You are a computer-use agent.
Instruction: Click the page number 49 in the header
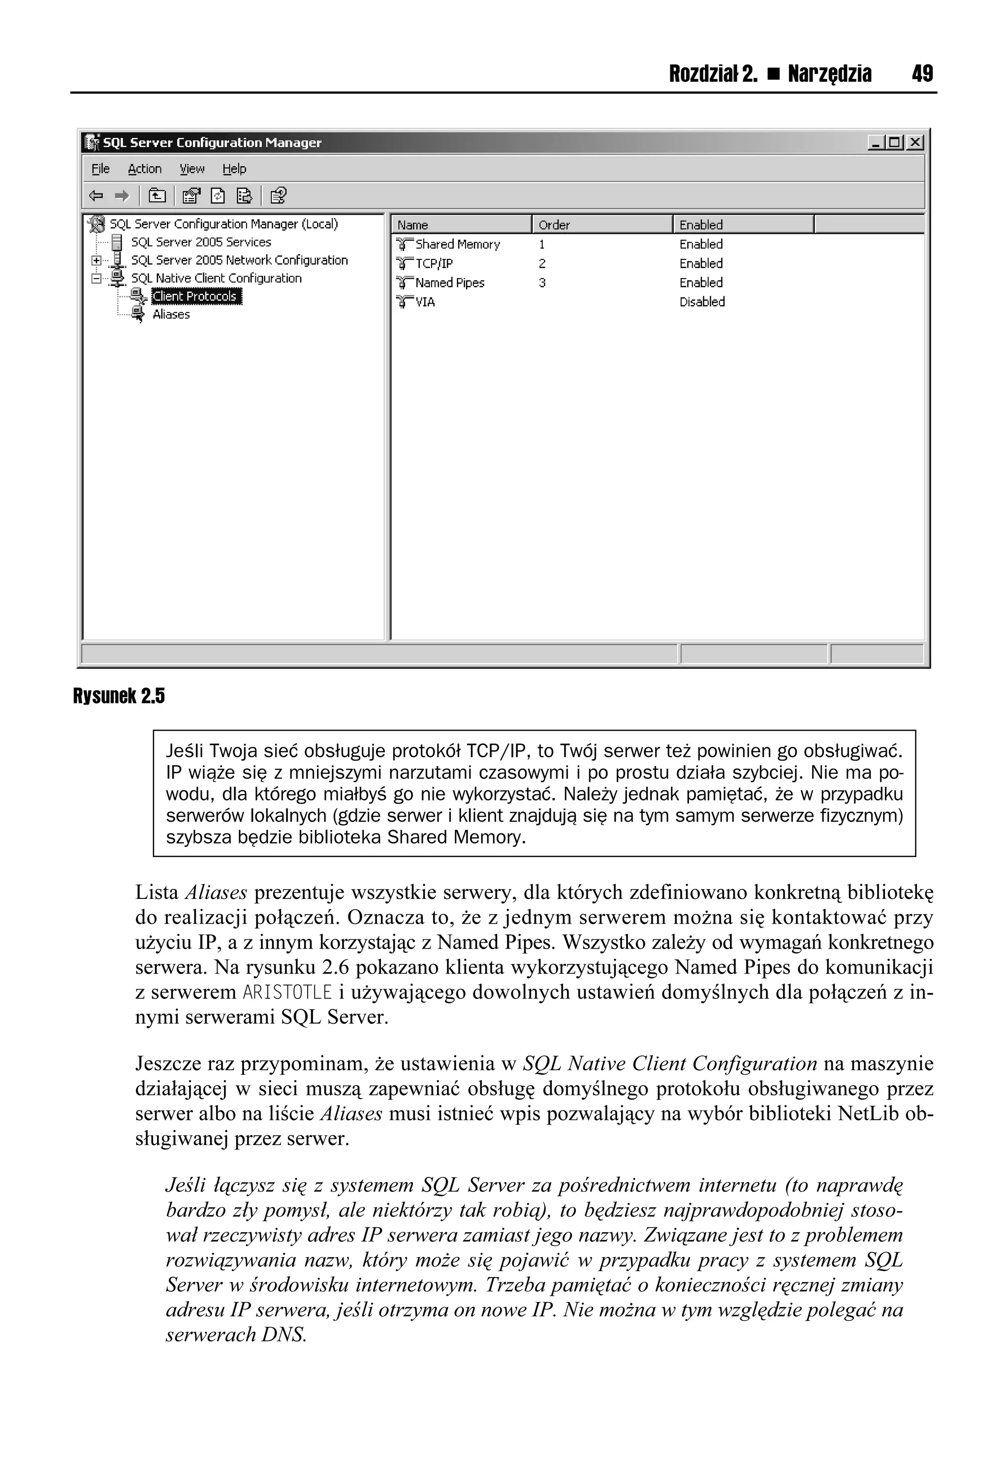coord(921,74)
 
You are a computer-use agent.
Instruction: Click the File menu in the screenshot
coord(100,169)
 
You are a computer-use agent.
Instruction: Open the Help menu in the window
coord(234,169)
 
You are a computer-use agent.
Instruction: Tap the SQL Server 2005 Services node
coord(200,242)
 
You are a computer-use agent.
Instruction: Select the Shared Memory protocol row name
coord(457,245)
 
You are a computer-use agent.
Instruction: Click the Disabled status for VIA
coord(702,302)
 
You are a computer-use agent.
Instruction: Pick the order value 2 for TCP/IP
coord(542,263)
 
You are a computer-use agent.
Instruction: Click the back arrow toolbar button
coord(96,196)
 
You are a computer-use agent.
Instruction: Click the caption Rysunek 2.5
coord(119,696)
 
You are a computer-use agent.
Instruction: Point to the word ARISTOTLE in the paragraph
coord(287,992)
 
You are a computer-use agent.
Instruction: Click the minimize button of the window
coord(876,143)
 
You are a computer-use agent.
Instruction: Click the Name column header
coord(412,225)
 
